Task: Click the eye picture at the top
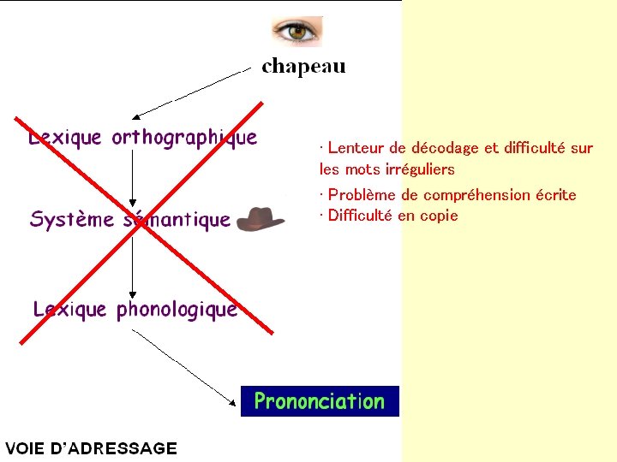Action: pos(297,32)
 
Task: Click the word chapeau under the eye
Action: pos(303,67)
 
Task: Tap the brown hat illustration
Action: pos(261,219)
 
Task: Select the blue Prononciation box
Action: pos(320,401)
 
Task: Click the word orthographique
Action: pos(184,138)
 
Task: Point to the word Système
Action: pos(72,220)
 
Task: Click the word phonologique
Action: pos(177,309)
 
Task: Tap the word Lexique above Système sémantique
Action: pos(65,137)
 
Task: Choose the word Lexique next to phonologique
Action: pos(70,309)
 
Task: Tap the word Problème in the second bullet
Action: pos(362,195)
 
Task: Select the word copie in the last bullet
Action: pos(439,216)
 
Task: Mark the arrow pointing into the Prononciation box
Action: pos(185,366)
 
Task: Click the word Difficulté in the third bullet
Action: pos(360,216)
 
